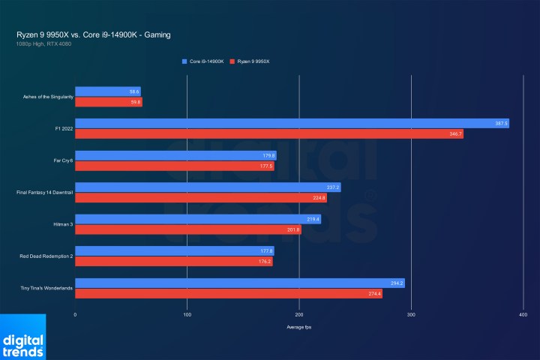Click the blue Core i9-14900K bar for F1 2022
click(292, 123)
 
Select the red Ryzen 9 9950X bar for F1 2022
click(269, 133)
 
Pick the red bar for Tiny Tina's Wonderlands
click(228, 293)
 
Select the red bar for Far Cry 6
click(174, 166)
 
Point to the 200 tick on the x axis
click(299, 315)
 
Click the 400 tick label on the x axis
click(523, 315)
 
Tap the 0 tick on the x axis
click(75, 315)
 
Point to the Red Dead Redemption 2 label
click(46, 256)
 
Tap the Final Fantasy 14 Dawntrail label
click(43, 193)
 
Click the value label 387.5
click(501, 123)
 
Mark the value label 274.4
click(373, 293)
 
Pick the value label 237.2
click(333, 187)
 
